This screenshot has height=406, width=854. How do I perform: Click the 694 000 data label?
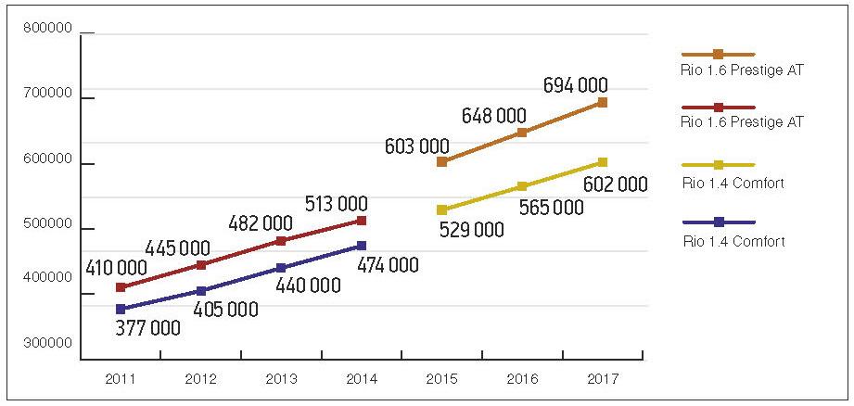576,86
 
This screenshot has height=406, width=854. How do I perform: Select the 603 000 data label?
417,146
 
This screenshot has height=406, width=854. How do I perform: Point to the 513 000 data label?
336,204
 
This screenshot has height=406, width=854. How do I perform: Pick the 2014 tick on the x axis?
361,379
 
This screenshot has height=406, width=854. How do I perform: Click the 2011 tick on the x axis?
121,379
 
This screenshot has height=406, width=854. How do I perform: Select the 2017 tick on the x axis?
602,379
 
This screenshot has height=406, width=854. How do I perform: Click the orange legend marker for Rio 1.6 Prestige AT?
718,55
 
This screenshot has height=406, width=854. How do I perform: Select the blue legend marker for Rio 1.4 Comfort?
718,222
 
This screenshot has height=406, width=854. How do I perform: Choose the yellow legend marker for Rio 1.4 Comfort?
718,165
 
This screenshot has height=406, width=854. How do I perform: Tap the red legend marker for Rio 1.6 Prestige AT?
718,108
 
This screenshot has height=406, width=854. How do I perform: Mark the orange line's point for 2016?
522,133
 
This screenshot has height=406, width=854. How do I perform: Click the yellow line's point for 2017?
602,163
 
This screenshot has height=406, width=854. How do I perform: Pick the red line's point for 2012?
201,265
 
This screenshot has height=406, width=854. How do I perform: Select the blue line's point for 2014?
361,246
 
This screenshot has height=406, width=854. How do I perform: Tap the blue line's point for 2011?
121,309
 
